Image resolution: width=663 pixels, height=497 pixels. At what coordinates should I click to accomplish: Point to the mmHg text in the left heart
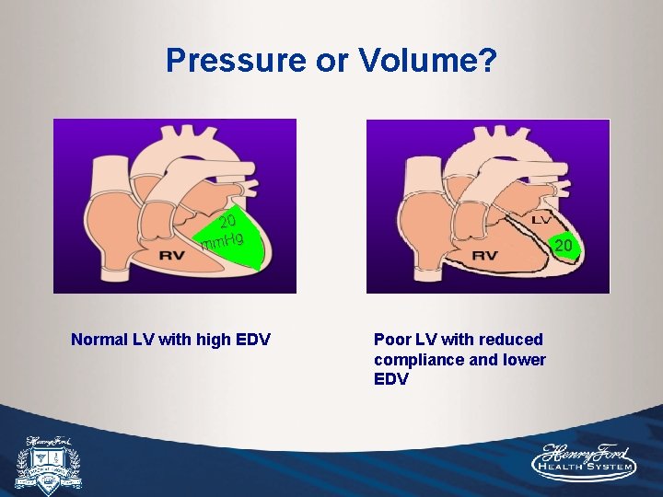pos(222,242)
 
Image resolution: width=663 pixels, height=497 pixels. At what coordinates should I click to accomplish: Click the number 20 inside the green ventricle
pos(227,221)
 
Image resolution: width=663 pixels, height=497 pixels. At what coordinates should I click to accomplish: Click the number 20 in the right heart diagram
pos(564,245)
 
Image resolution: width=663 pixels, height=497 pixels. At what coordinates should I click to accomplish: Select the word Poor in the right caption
pos(391,340)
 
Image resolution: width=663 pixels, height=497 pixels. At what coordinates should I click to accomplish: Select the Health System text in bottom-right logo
pos(586,468)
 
